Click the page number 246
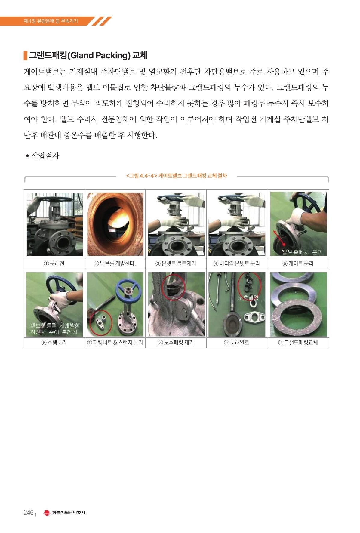click(29, 512)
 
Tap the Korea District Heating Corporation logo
click(64, 513)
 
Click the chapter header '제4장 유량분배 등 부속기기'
click(51, 21)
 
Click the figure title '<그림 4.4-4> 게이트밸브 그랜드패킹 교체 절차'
click(177, 176)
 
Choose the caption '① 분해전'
click(54, 263)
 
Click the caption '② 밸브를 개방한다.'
click(115, 263)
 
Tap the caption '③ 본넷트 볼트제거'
click(176, 263)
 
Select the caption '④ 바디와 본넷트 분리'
click(237, 263)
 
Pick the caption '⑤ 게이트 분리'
click(298, 263)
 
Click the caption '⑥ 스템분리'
click(54, 343)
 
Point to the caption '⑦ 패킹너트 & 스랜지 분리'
click(115, 343)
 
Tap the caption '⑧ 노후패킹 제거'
click(176, 343)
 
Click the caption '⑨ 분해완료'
click(237, 343)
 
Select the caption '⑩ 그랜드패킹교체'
click(298, 343)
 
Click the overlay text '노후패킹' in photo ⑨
click(248, 298)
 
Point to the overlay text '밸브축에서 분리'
click(302, 252)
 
